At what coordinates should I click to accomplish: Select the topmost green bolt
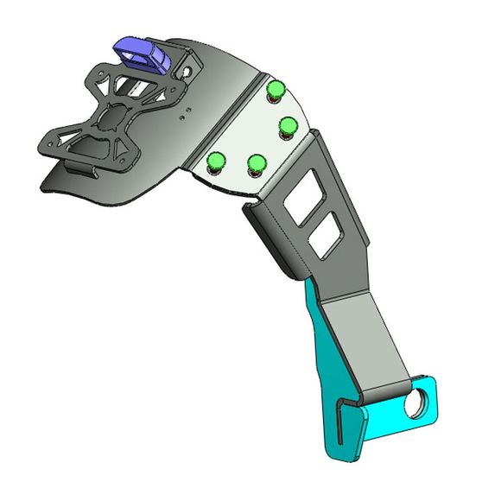(x=276, y=89)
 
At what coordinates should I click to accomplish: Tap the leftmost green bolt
(x=217, y=160)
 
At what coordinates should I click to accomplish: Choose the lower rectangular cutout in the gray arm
(x=324, y=237)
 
